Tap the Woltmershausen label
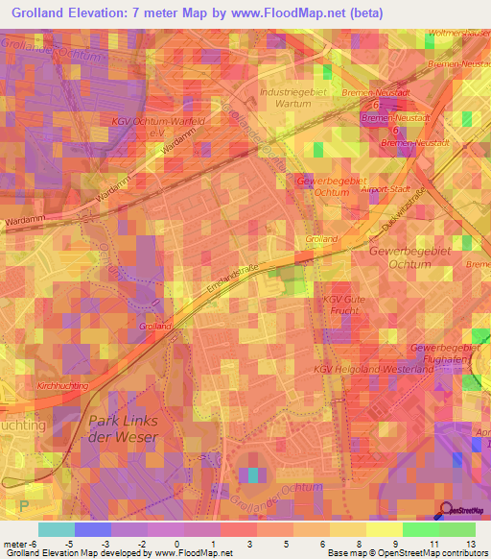click(460, 34)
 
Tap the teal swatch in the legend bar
click(56, 528)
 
